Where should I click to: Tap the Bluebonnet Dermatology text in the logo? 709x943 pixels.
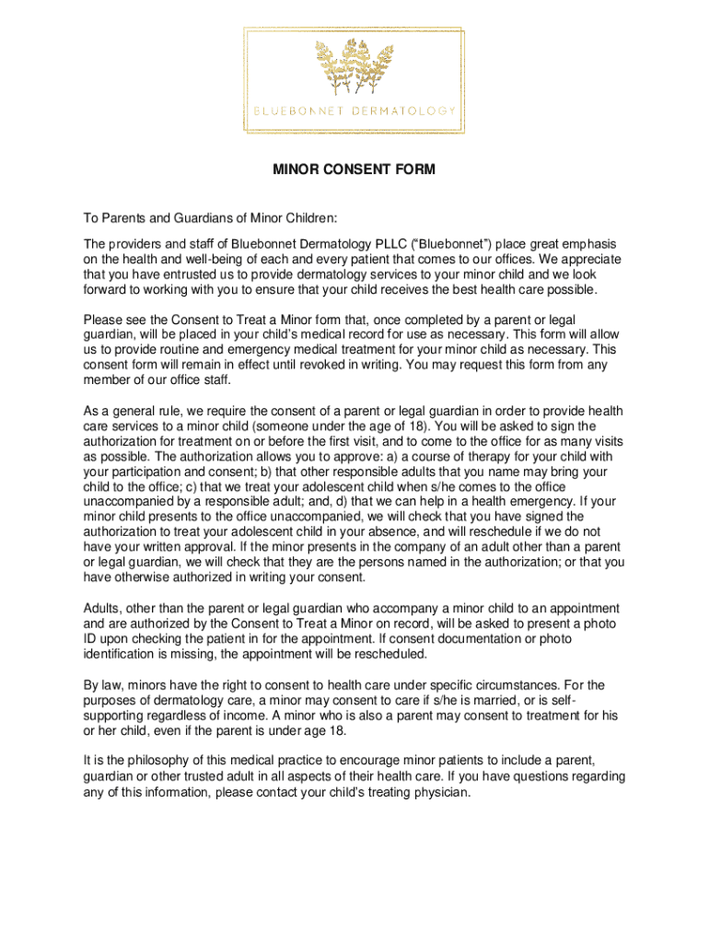[354, 111]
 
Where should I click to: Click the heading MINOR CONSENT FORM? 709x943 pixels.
[354, 170]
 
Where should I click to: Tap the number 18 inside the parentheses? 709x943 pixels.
[418, 426]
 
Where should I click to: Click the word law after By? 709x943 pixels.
[113, 685]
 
